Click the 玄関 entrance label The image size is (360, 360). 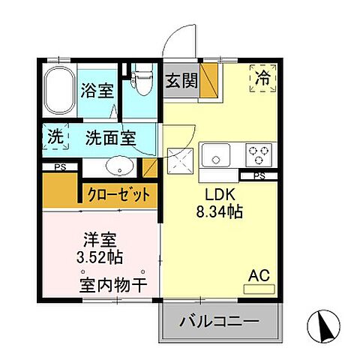[x=181, y=80]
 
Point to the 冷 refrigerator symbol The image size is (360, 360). [x=262, y=77]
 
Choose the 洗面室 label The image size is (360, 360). [x=109, y=138]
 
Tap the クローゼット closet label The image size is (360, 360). [x=119, y=195]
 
